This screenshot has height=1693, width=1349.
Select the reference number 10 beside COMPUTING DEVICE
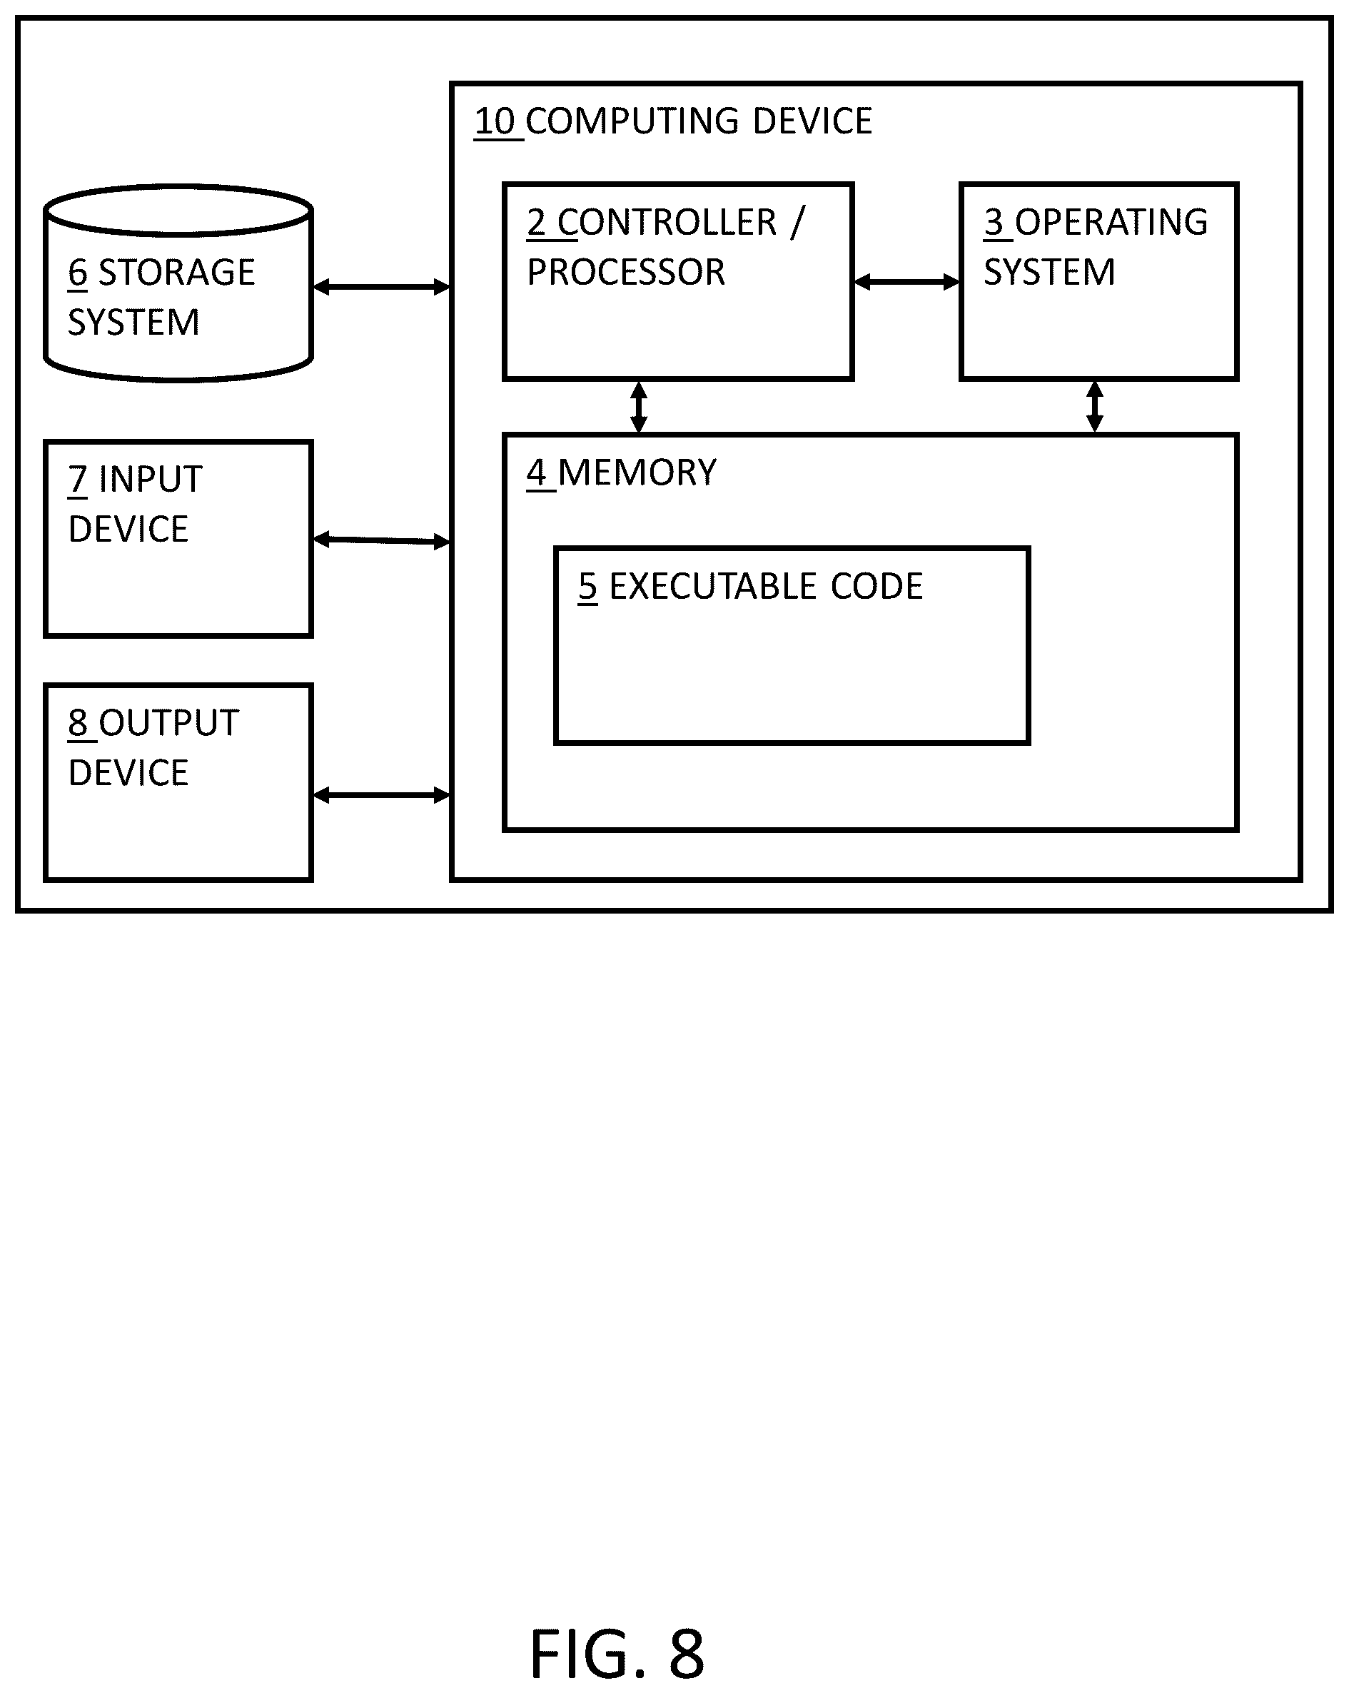point(495,122)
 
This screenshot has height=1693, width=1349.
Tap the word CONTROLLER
point(667,222)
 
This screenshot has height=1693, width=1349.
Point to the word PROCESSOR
point(626,273)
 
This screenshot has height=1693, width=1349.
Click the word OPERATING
point(1111,222)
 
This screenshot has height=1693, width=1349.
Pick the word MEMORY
point(637,472)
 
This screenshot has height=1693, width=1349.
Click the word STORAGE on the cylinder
point(177,273)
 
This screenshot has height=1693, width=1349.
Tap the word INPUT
point(151,479)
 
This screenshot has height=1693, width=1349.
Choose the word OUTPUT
point(169,722)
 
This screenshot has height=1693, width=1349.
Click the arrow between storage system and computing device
point(382,288)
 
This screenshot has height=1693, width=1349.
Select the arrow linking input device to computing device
point(382,540)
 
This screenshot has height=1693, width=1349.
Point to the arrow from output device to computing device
point(382,795)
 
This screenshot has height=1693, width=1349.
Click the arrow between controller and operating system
point(907,282)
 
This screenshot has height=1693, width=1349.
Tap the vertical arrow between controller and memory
point(639,407)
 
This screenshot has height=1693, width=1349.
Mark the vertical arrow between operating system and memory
point(1095,407)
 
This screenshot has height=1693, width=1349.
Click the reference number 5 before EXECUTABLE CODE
point(587,587)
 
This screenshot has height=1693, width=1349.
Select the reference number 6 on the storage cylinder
point(77,273)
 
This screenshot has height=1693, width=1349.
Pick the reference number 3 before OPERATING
point(994,222)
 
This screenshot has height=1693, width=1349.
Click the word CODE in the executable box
point(876,587)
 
